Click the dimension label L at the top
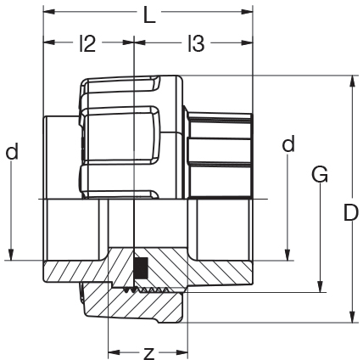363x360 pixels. coord(149,14)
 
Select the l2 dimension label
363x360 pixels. coord(87,43)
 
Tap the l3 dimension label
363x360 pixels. coord(196,43)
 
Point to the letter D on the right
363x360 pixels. coord(351,212)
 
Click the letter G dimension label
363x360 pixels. coord(320,174)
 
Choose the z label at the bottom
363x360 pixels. coord(148,352)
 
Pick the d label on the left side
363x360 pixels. coord(12,151)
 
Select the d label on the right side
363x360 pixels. coord(288,143)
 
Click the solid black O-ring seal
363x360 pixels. coord(141,268)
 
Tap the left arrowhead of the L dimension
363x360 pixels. coord(48,12)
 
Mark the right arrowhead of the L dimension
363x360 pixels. coord(247,12)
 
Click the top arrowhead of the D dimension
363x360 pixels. coord(352,81)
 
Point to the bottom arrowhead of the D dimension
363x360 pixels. coord(352,317)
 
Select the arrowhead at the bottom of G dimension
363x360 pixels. coord(320,286)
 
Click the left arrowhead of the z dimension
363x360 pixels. coord(114,352)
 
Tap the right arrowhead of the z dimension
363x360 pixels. coord(182,352)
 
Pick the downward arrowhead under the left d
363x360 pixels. coord(11,255)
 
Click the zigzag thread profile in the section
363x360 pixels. coord(146,290)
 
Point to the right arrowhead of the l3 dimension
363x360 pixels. coord(247,42)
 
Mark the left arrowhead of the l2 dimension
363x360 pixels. coord(48,42)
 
